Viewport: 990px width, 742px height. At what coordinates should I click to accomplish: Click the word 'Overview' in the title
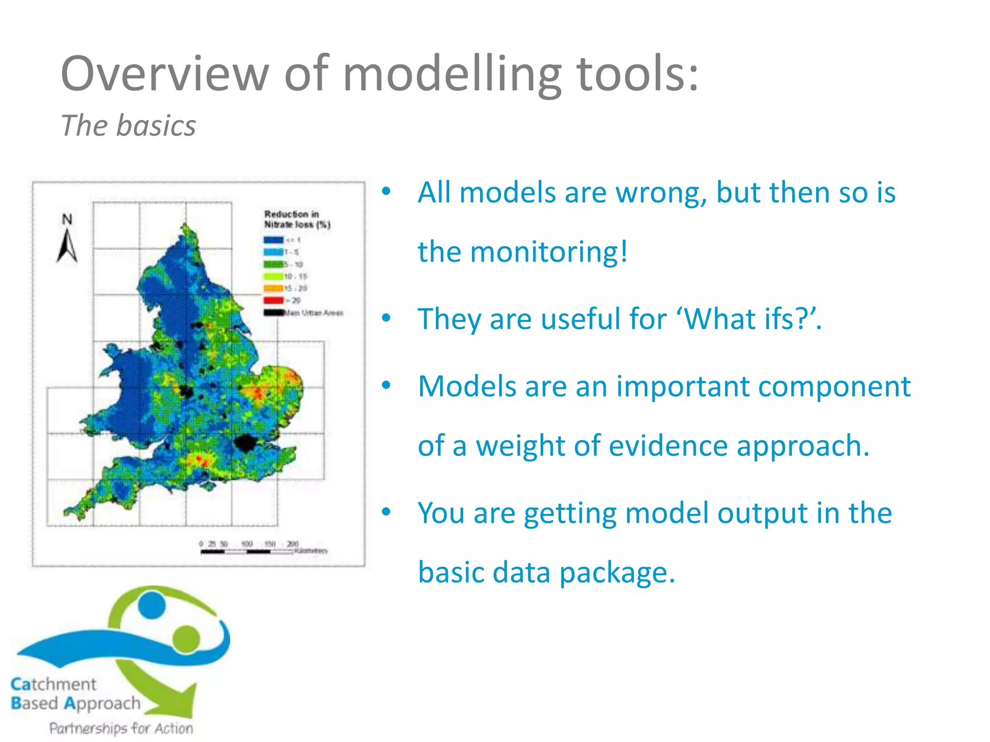(164, 73)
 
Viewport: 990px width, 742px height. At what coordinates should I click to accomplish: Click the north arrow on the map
(67, 241)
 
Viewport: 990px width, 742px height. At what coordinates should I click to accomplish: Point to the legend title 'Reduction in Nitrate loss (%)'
(296, 219)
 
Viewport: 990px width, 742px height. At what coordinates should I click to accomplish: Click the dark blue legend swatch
(273, 240)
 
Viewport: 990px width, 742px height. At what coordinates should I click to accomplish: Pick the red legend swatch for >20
(273, 300)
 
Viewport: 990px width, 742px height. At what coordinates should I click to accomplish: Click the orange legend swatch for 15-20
(273, 288)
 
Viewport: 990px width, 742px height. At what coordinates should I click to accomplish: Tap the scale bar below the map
(247, 551)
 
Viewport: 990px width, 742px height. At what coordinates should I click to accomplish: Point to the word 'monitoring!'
(549, 252)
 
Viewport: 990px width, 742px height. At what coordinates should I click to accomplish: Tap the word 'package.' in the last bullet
(617, 573)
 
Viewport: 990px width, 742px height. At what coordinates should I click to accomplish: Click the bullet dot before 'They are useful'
(386, 318)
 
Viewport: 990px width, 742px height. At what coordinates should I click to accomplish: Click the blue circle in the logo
(152, 605)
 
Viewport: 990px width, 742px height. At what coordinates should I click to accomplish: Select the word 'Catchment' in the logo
(54, 684)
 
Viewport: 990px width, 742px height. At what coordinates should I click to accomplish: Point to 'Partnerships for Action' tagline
(121, 728)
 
